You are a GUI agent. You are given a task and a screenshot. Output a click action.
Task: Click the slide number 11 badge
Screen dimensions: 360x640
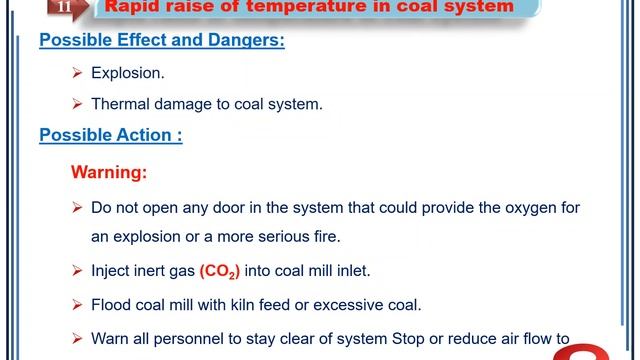(x=64, y=7)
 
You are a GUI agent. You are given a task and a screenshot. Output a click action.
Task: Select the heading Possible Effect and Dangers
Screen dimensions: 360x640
(x=161, y=41)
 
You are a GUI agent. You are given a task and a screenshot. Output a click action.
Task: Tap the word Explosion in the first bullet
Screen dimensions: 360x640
(x=127, y=73)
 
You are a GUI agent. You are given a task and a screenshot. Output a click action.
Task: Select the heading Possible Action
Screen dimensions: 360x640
(x=110, y=135)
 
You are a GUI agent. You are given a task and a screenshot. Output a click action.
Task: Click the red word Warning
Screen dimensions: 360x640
(x=109, y=172)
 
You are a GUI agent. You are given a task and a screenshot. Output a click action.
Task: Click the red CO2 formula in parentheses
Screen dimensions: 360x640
(x=220, y=271)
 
